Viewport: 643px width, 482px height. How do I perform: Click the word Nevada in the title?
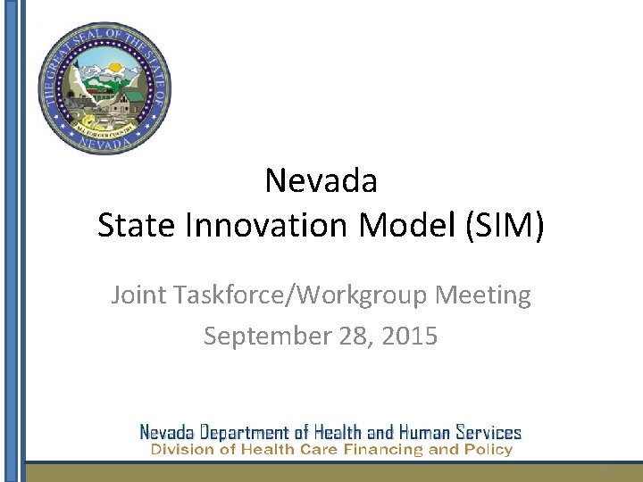pos(321,181)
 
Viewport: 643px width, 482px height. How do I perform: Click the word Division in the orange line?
pos(180,450)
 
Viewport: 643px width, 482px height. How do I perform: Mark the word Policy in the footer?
pos(489,450)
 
